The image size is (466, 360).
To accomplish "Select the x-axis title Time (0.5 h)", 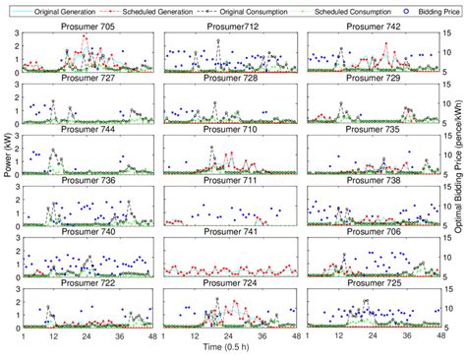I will tap(232, 349).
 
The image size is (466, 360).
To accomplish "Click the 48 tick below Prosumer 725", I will tap(437, 335).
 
